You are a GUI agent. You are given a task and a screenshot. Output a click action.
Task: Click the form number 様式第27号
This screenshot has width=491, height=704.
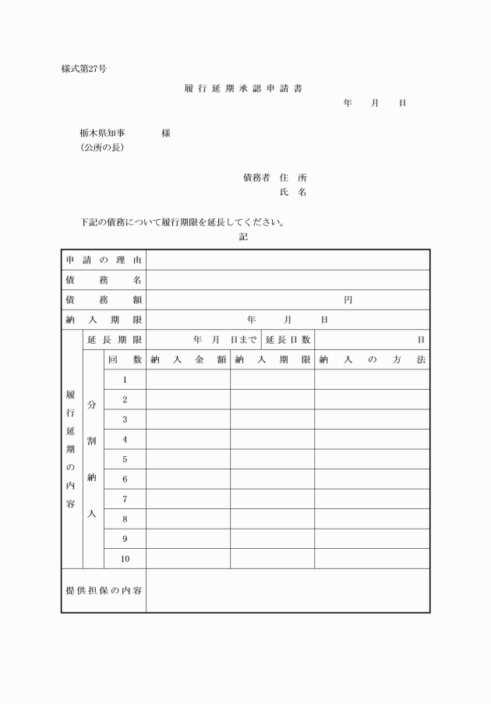84,69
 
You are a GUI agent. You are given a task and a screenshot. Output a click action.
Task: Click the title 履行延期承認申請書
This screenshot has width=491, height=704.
243,88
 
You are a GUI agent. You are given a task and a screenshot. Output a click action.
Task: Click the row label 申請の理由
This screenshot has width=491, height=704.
104,260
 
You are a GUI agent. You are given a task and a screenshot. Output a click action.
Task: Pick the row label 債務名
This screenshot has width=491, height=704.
104,280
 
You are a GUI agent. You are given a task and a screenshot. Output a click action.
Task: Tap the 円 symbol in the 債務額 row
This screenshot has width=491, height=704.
348,300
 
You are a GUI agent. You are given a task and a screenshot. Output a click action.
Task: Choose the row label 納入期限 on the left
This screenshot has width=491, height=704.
104,320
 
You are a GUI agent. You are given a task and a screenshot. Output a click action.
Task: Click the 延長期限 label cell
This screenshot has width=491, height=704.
115,340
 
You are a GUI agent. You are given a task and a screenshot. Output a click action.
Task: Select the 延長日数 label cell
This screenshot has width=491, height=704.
288,340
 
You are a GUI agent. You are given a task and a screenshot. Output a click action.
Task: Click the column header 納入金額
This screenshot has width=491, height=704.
188,359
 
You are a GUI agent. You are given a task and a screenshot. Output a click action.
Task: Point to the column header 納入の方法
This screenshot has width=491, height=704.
372,359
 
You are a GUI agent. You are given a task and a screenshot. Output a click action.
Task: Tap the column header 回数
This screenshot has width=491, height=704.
125,359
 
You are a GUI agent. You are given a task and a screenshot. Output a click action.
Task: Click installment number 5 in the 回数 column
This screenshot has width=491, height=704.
125,459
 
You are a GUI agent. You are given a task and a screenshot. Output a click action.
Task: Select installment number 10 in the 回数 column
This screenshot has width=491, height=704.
125,559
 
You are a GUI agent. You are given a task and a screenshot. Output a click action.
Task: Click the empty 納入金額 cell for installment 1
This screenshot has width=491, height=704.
188,380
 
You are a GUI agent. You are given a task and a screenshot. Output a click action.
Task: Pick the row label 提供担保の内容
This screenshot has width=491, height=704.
104,590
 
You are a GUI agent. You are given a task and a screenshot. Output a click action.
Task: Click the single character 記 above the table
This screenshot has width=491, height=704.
243,237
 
